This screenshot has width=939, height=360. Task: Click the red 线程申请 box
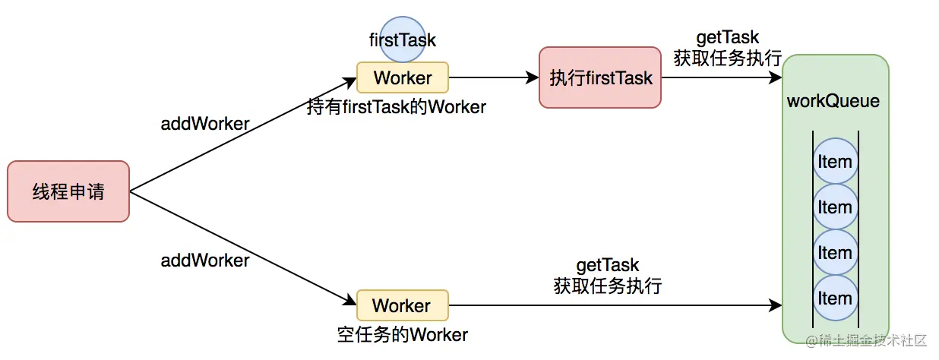68,191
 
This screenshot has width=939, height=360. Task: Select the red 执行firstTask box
601,77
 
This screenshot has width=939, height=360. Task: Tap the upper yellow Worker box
403,77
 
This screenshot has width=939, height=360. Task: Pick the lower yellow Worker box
403,306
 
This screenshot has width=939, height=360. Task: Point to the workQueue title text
833,101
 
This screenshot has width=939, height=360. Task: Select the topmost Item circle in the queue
835,162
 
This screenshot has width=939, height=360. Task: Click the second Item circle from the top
835,207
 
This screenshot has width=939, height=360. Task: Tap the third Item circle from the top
835,253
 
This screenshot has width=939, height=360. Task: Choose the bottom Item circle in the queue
835,298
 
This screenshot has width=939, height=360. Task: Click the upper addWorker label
205,124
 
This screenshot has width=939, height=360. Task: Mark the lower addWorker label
205,261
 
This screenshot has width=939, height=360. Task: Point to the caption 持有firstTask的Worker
397,107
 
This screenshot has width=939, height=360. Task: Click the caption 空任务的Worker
403,335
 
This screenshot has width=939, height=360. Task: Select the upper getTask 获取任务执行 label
727,49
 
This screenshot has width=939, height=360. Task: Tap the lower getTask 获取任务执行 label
608,276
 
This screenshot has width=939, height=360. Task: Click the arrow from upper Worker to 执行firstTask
494,77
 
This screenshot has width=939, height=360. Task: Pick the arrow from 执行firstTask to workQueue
722,77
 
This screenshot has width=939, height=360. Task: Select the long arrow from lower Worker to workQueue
615,306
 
